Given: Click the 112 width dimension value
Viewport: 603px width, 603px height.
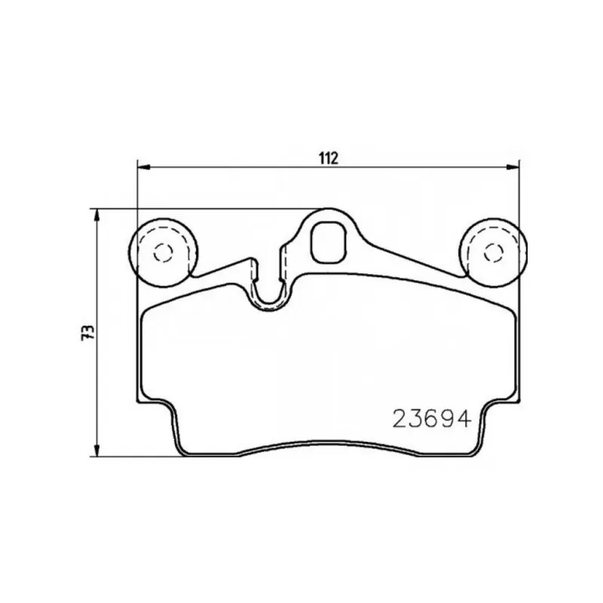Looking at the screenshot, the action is [x=329, y=158].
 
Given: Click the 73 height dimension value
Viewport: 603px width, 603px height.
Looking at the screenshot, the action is [x=87, y=332].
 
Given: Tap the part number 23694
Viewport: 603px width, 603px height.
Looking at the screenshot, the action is [x=432, y=418].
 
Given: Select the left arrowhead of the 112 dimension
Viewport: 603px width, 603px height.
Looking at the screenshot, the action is [x=143, y=167].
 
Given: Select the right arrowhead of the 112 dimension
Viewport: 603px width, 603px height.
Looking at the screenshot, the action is [x=513, y=167].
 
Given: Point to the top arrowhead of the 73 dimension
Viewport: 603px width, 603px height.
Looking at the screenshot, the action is [x=97, y=216].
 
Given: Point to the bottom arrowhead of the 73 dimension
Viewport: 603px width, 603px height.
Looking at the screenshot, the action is [x=97, y=450].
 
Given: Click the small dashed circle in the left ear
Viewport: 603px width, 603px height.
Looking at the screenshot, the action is [x=163, y=253].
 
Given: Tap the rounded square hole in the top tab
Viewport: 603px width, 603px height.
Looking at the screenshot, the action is [x=329, y=243].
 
